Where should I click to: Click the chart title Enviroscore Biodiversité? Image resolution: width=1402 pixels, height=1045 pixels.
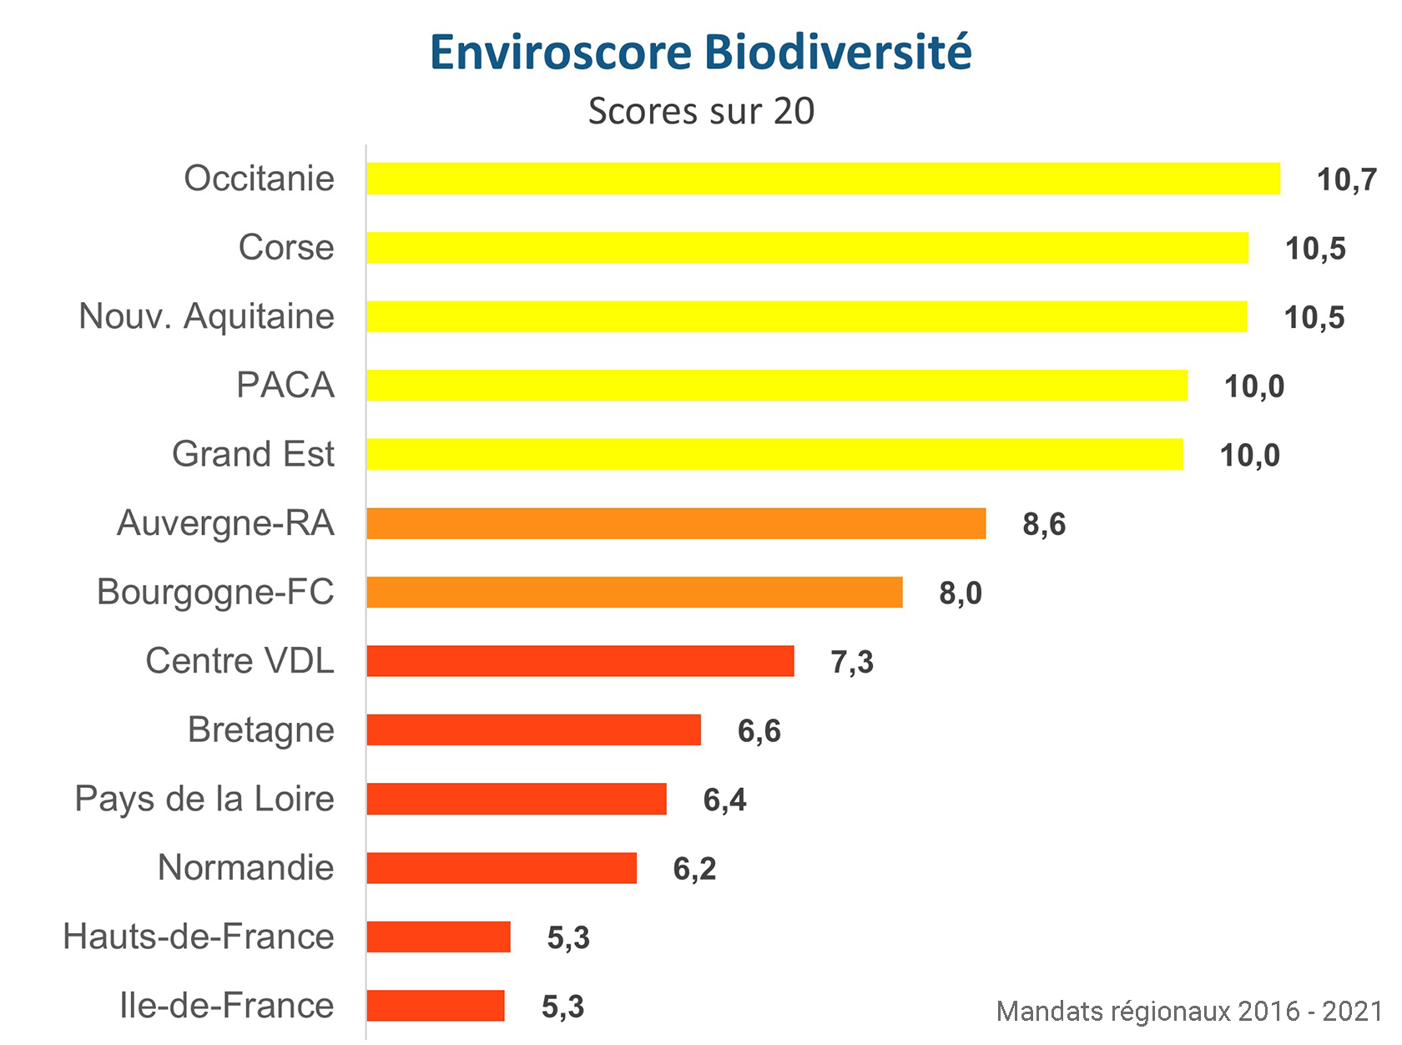click(700, 52)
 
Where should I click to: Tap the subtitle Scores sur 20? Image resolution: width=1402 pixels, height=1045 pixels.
click(701, 111)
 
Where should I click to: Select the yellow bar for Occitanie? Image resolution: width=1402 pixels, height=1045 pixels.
click(822, 179)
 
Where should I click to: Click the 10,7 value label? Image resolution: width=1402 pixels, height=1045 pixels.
click(1346, 179)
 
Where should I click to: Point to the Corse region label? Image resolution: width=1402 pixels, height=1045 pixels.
click(286, 248)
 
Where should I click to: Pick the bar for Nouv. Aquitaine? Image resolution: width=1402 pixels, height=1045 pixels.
click(806, 316)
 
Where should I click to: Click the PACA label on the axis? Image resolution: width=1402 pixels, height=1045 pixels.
click(285, 386)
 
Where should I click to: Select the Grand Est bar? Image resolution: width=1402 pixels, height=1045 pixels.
click(774, 454)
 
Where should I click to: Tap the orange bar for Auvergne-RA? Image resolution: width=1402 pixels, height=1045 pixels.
click(676, 523)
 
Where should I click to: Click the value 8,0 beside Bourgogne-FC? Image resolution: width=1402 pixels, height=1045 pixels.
click(961, 593)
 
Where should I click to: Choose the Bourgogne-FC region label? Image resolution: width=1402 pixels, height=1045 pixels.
click(215, 592)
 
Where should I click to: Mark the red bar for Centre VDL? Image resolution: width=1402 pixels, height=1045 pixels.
click(580, 661)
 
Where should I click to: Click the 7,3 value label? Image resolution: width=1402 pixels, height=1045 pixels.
click(852, 662)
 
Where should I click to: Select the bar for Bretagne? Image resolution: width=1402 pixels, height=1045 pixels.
click(533, 729)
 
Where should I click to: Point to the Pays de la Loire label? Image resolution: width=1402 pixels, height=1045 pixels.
click(204, 799)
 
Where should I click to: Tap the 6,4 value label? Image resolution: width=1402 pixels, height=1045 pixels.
click(724, 800)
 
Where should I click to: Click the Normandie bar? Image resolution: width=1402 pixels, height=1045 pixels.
click(502, 868)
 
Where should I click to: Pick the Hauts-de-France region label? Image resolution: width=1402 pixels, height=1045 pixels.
click(199, 936)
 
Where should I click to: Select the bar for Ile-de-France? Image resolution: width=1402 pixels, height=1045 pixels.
click(436, 1006)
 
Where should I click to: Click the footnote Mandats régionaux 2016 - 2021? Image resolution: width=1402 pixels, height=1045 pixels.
click(1189, 1012)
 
